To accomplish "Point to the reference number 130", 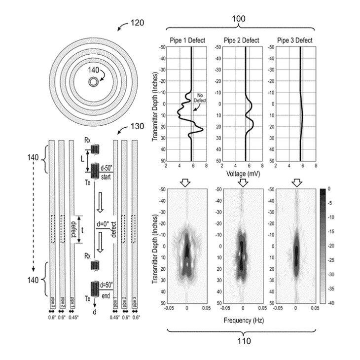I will [x=136, y=126].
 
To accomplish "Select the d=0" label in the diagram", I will [x=105, y=225].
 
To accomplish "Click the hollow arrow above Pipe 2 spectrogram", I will [x=242, y=182].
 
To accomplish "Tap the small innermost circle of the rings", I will [x=93, y=82].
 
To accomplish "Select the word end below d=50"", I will [x=105, y=296].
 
